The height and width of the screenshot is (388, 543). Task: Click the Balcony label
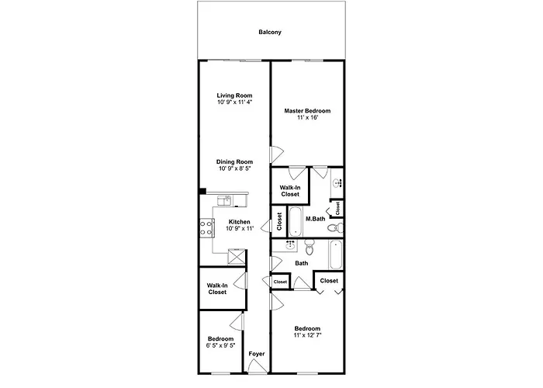tap(270, 33)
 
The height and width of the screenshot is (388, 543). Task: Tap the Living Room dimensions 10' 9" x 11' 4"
tap(234, 102)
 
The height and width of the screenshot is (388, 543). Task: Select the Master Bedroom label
tap(307, 111)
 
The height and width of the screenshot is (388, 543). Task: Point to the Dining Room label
tap(234, 161)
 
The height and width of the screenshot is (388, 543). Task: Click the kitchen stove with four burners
tap(206, 228)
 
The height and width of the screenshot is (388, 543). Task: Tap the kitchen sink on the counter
tap(224, 200)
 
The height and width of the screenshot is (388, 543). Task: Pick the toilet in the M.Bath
tap(335, 227)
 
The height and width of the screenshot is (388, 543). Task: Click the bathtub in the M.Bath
tap(296, 222)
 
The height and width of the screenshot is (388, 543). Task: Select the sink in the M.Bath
tap(337, 182)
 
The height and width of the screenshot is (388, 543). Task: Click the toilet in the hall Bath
tap(310, 246)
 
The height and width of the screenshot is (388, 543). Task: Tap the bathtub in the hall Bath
tap(336, 255)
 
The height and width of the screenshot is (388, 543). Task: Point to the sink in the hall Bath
tap(290, 245)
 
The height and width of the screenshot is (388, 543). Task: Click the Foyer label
tap(257, 354)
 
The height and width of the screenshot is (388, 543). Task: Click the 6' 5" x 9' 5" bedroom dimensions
tap(220, 345)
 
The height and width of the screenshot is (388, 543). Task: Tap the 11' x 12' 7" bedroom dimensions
tap(307, 335)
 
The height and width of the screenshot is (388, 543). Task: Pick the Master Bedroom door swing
tap(277, 154)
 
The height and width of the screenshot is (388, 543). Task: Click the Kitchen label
tap(239, 222)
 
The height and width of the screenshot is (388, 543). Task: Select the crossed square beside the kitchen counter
tap(237, 257)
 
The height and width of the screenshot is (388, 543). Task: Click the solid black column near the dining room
tap(202, 191)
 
